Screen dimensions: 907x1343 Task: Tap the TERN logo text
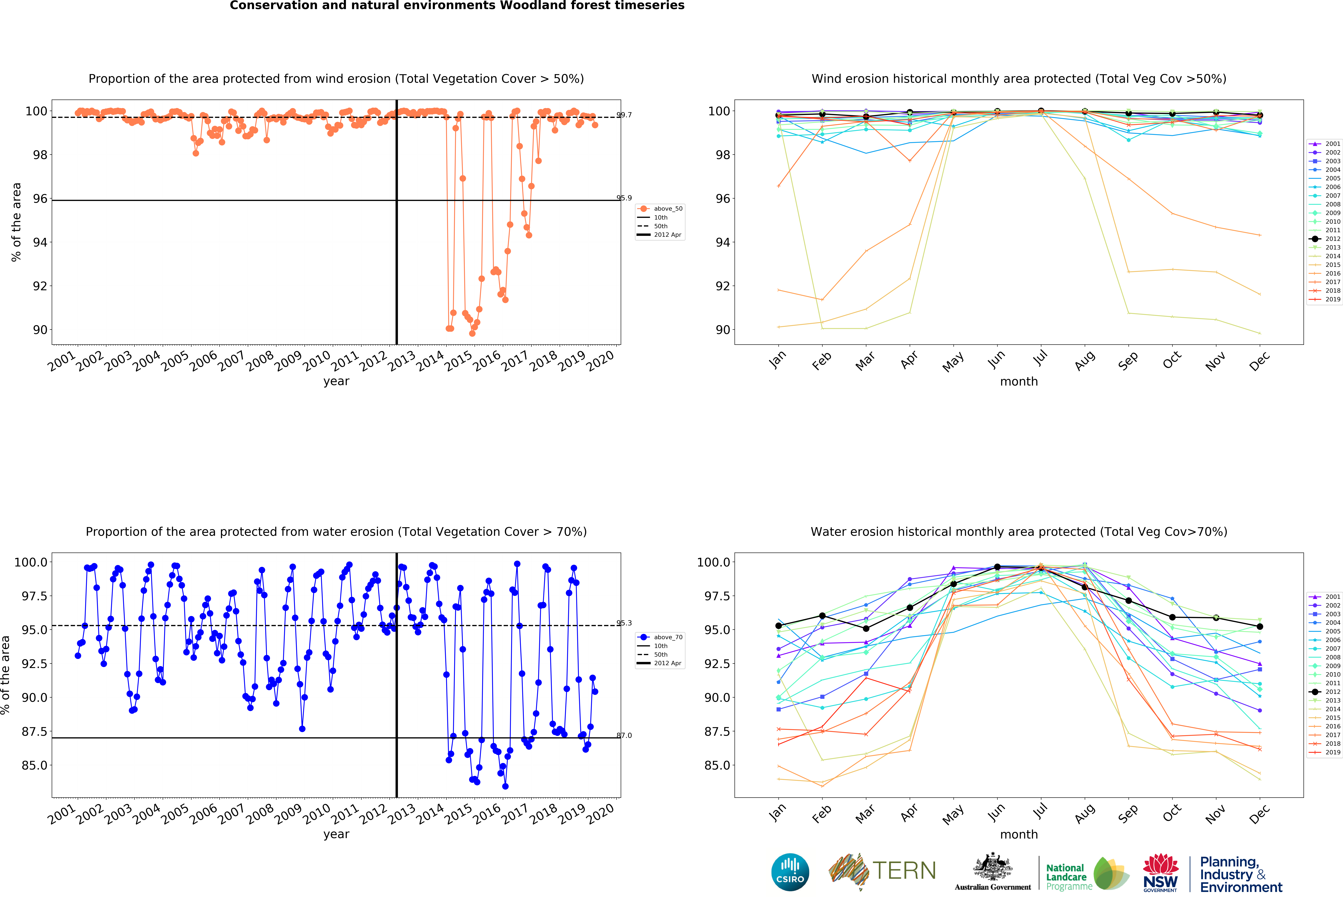pyautogui.click(x=904, y=871)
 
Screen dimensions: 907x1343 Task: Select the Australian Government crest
pyautogui.click(x=992, y=867)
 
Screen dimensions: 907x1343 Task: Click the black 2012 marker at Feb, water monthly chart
pyautogui.click(x=822, y=616)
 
